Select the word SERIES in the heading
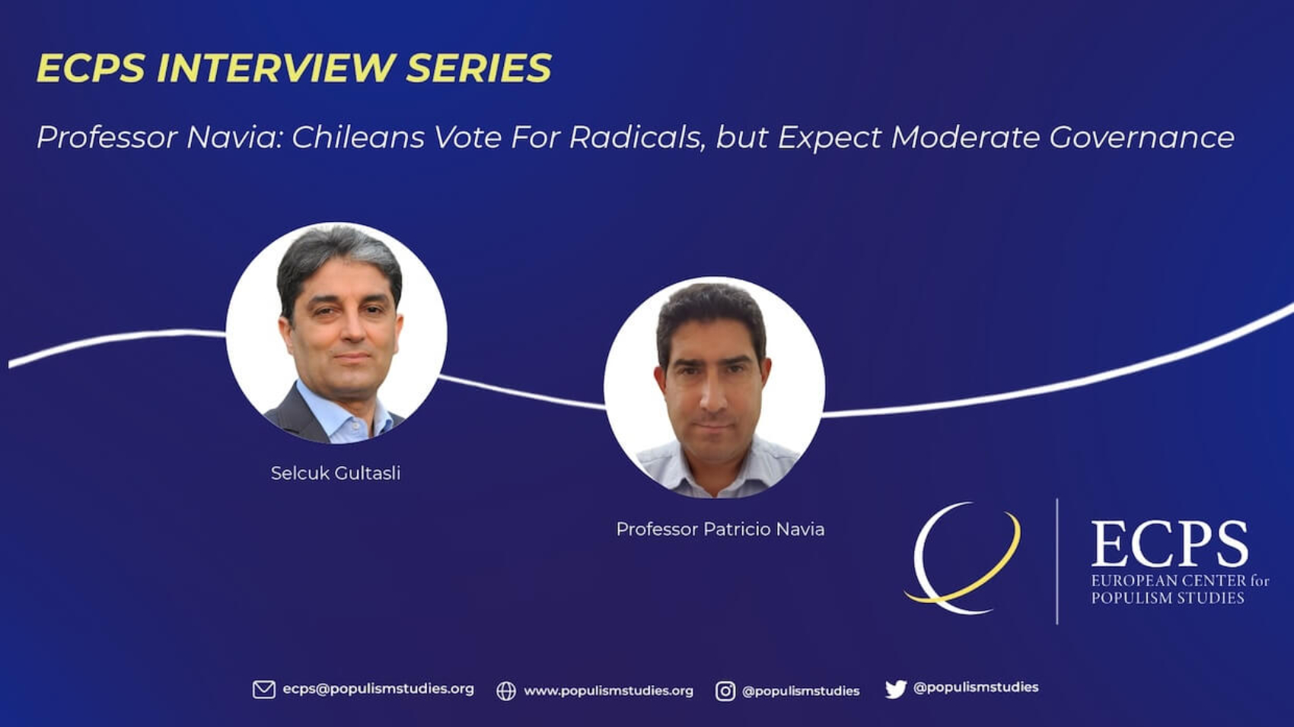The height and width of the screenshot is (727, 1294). (479, 68)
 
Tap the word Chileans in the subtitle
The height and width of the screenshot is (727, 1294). (359, 138)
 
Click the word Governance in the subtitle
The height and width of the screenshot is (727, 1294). (1142, 138)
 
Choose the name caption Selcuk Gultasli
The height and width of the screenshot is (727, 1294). (336, 473)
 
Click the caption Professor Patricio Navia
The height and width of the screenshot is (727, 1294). (720, 529)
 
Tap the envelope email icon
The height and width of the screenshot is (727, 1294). (264, 690)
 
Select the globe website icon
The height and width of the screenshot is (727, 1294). (506, 690)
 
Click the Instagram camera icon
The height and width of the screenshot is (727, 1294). (725, 690)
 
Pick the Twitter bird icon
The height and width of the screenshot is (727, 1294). (895, 689)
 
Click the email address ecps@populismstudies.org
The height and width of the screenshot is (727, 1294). (378, 690)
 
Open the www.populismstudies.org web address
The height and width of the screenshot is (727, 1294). (608, 690)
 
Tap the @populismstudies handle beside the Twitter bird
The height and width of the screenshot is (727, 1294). (976, 687)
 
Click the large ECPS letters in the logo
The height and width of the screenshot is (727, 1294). (1169, 543)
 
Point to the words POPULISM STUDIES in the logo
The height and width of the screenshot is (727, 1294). (1167, 598)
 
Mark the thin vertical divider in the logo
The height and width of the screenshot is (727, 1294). (1057, 561)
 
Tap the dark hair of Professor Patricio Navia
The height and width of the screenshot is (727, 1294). (711, 315)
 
